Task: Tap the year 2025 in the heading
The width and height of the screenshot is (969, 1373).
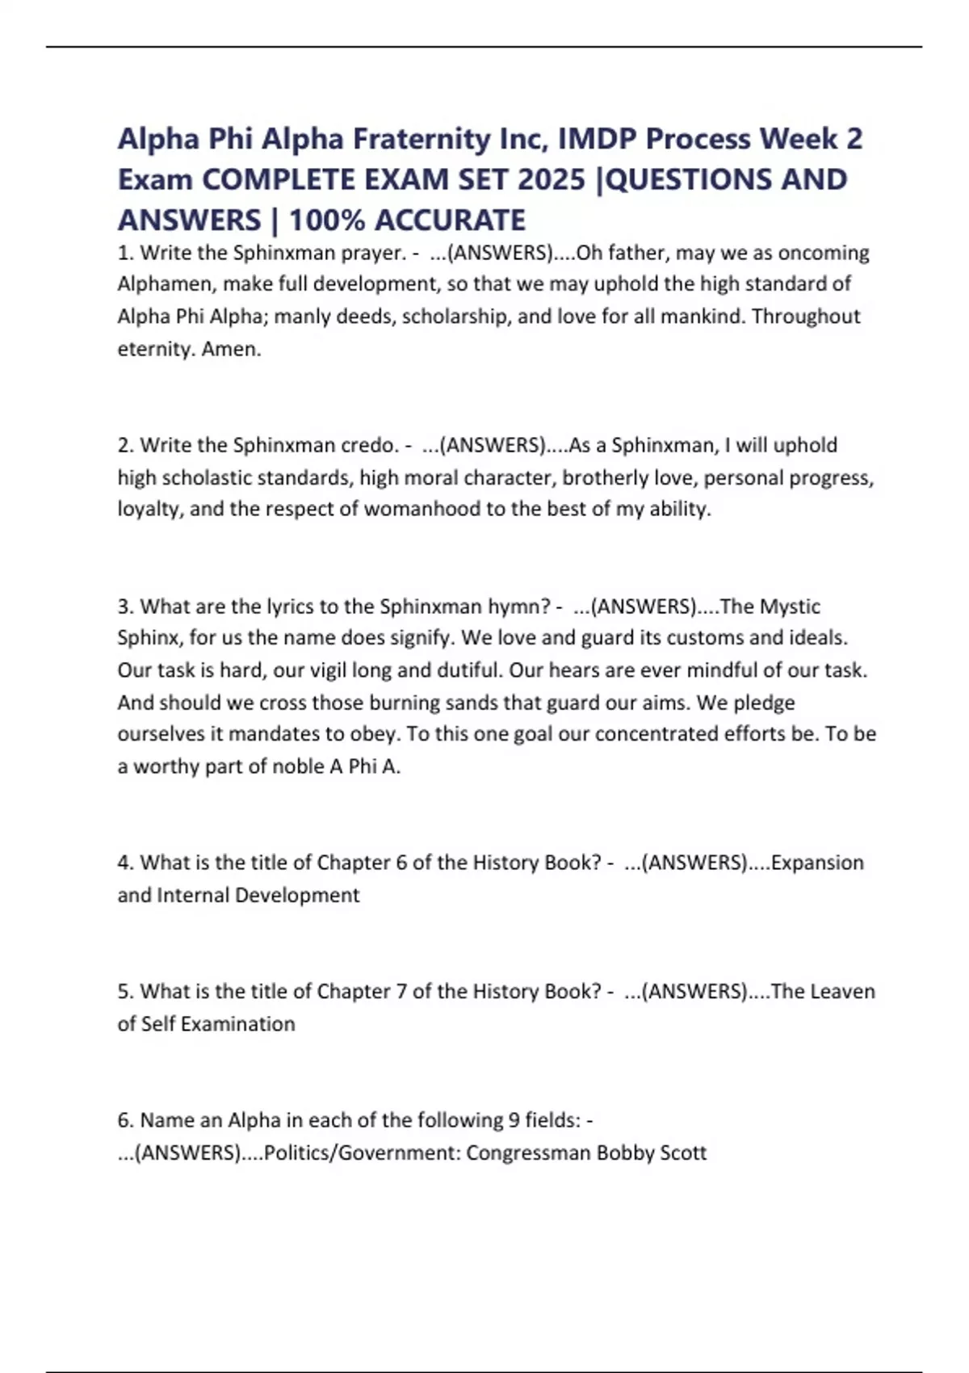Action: coord(552,180)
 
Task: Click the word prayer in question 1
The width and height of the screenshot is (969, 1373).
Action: coord(371,254)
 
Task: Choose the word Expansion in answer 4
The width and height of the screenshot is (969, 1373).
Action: coord(817,863)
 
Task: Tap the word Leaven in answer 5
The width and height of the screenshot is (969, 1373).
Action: coord(843,991)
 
